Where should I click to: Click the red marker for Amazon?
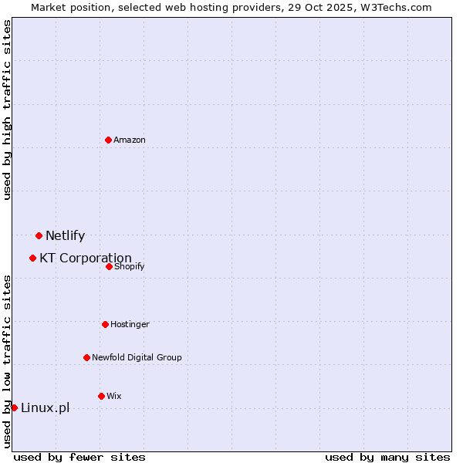(x=108, y=140)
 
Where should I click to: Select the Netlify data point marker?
(x=39, y=235)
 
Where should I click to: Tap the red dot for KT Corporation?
(x=32, y=258)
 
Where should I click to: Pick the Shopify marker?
(x=109, y=266)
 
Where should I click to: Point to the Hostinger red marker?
(x=105, y=324)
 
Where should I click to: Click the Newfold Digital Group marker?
(x=86, y=357)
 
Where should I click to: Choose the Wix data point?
(x=101, y=396)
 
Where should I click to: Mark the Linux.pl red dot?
(x=14, y=407)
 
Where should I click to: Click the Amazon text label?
(x=130, y=140)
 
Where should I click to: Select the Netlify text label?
(x=65, y=236)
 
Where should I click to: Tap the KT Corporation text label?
(x=86, y=259)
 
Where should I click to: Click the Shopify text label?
(x=129, y=266)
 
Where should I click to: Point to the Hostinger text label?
(x=130, y=324)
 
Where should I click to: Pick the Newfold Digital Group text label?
(x=137, y=357)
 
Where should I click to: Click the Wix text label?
(x=114, y=396)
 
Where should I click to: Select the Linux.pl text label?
(x=45, y=408)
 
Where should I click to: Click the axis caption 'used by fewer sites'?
(x=79, y=457)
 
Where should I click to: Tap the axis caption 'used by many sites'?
(x=387, y=457)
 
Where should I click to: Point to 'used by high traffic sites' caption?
(x=8, y=110)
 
